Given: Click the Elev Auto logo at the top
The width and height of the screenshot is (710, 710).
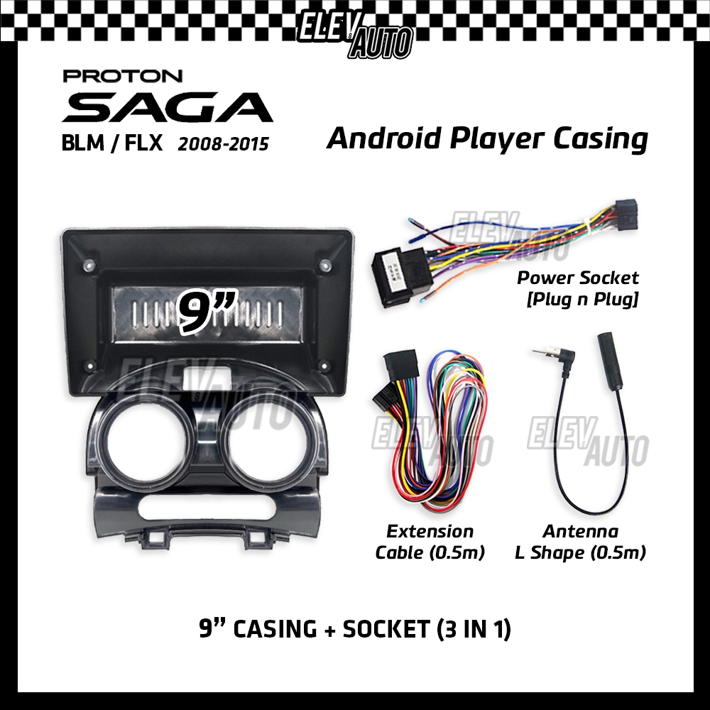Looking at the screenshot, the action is point(355,32).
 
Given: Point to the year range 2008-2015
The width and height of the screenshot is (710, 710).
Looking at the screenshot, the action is point(224,144).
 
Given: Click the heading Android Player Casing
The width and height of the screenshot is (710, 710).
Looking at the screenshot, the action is point(487,138).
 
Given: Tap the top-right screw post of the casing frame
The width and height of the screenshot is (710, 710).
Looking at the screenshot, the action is point(325,267).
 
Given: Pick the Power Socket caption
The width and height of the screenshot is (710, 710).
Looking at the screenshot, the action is point(578,278).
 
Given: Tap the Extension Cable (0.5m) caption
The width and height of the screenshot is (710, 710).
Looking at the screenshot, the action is point(430,542).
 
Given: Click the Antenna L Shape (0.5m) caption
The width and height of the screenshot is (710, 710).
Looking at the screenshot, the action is point(580,542).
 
